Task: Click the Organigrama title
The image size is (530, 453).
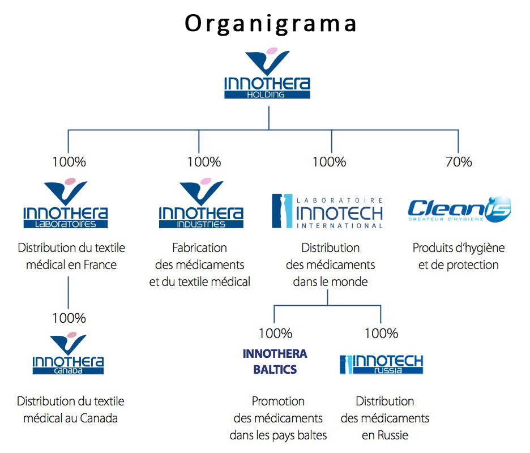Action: [x=271, y=23]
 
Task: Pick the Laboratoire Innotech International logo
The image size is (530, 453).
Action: [x=328, y=212]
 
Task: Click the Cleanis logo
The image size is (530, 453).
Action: [x=459, y=210]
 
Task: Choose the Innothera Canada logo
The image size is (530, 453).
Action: [x=68, y=354]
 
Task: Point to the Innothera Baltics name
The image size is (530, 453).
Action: [x=275, y=361]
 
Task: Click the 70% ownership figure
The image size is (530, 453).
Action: [x=459, y=162]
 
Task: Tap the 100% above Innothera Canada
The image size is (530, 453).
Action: [x=69, y=318]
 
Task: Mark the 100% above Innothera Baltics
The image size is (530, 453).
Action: [x=275, y=334]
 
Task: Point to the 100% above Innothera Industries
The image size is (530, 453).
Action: [x=204, y=162]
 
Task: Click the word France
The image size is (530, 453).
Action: [x=100, y=264]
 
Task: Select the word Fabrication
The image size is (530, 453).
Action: [x=199, y=247]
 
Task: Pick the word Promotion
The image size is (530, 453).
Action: [x=278, y=401]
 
